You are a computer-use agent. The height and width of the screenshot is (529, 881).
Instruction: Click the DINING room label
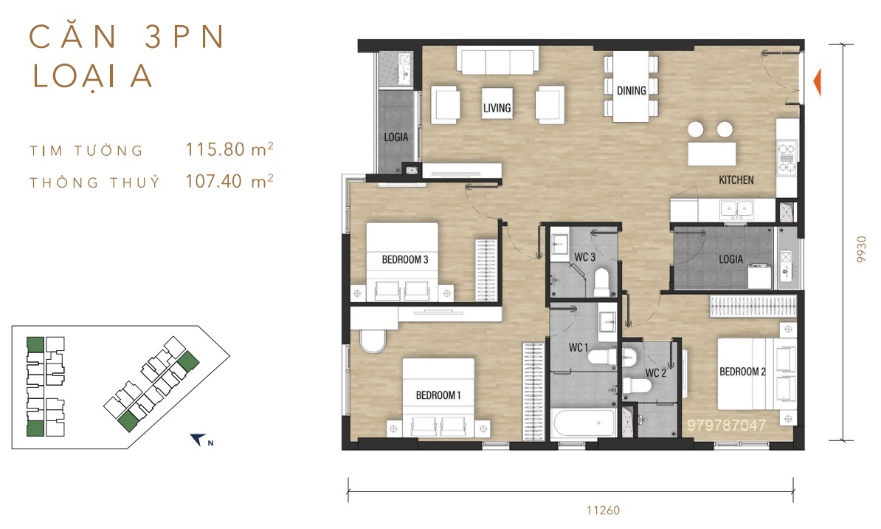(631, 91)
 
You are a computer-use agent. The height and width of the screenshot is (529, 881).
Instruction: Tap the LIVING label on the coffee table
(497, 108)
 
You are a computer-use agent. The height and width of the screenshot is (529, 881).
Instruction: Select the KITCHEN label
(736, 180)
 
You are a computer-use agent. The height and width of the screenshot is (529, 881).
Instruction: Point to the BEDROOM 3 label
(404, 259)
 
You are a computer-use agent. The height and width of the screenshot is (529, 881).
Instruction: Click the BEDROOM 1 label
(438, 395)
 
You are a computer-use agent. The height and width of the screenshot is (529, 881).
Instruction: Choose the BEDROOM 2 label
(742, 372)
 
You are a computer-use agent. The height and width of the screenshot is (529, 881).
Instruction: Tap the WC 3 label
(584, 257)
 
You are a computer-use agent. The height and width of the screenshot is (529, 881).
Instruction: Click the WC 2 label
(655, 372)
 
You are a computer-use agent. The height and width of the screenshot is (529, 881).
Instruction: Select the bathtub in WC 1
(584, 423)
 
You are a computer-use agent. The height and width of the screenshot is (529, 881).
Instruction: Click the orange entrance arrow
(818, 82)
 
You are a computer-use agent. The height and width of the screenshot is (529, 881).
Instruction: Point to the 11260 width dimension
(603, 511)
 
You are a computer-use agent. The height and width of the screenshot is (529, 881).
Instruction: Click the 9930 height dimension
(861, 249)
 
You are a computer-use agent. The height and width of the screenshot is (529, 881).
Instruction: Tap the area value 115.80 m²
(229, 149)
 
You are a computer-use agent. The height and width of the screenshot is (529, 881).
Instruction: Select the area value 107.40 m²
(229, 181)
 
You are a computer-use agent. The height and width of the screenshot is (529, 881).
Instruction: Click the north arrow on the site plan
(197, 439)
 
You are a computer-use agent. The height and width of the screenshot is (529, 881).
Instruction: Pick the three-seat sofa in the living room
(498, 60)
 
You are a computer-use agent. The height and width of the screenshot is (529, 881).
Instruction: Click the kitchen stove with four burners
(787, 157)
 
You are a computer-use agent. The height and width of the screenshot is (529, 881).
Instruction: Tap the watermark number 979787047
(726, 426)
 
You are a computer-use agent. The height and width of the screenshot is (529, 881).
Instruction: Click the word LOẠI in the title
(75, 77)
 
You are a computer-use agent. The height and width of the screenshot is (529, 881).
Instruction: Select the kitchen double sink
(736, 209)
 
